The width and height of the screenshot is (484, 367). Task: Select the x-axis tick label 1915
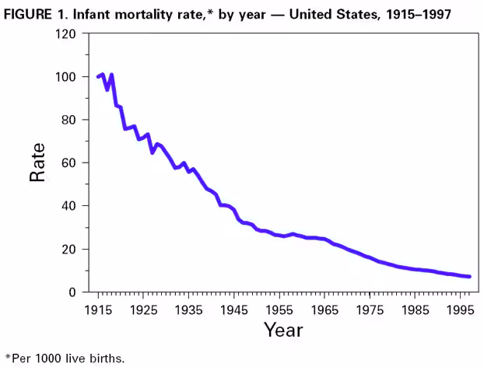point(98,309)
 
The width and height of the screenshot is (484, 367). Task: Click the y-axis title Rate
point(37,163)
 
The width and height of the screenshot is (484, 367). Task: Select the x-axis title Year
point(282,330)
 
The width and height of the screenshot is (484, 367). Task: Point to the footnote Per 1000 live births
point(65,358)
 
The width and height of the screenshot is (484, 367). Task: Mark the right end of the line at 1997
point(469,277)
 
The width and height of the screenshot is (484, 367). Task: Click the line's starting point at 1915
point(98,77)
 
